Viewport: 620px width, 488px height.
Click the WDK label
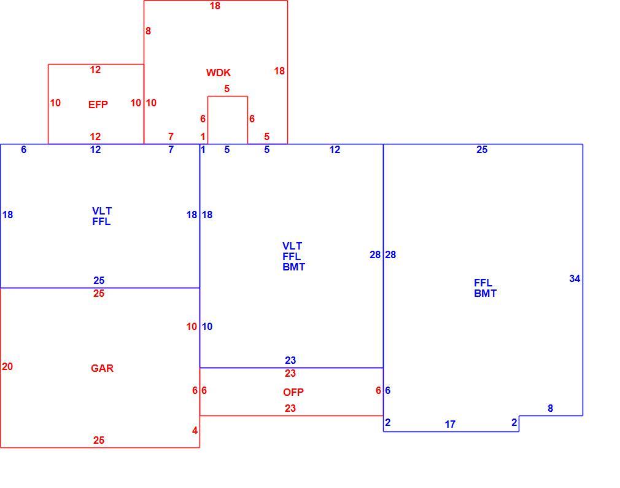219,73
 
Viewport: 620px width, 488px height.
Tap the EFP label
98,104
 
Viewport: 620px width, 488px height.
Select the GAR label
102,369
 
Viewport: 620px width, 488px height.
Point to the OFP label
293,392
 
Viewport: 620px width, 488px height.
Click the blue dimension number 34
575,278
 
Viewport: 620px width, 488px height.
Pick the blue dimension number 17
450,425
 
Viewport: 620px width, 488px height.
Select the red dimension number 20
7,366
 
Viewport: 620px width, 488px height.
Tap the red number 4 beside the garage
195,431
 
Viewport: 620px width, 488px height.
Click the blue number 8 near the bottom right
550,409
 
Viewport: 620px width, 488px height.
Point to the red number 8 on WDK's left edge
148,31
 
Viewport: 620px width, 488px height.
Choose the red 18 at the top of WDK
215,6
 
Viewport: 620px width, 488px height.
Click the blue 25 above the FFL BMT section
482,149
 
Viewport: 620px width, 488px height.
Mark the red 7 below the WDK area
171,136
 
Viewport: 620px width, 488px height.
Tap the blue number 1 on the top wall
203,149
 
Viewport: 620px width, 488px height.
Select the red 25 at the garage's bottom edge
99,440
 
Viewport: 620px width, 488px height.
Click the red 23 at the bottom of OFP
290,409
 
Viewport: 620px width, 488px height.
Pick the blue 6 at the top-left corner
24,149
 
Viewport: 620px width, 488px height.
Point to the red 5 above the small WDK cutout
227,89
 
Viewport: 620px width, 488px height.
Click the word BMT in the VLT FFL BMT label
294,267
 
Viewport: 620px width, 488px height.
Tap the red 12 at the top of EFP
95,69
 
